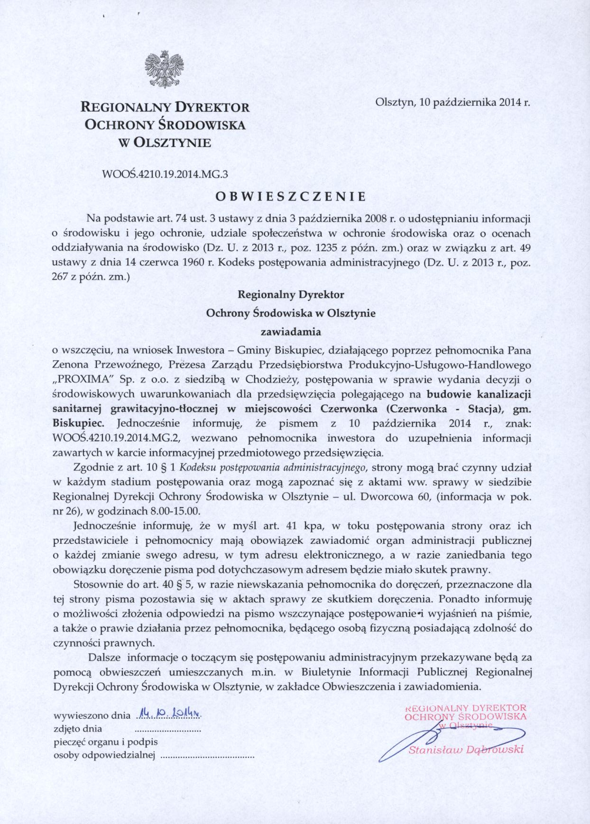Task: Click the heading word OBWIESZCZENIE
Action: point(291,196)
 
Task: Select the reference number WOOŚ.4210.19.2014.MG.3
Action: point(166,174)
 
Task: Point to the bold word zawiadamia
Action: point(291,332)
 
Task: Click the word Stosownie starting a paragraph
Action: point(97,584)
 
